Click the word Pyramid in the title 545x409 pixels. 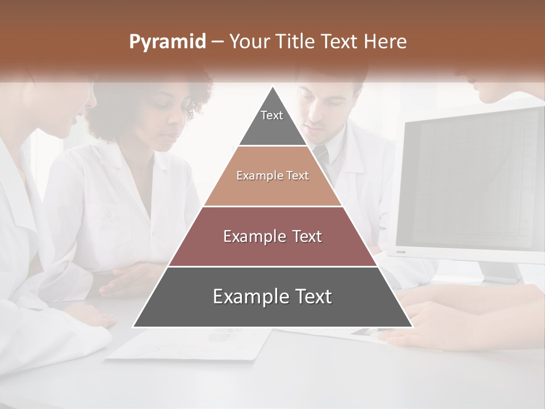[x=167, y=42]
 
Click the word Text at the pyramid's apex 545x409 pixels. [x=272, y=115]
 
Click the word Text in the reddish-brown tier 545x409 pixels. [x=304, y=236]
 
